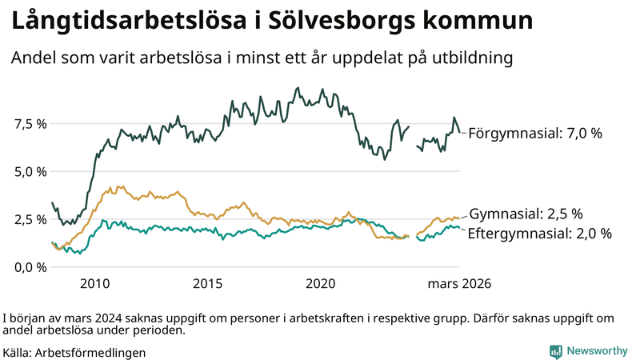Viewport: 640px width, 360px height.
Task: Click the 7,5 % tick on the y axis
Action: tap(29, 124)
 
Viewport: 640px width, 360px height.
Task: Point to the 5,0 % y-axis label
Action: tap(29, 171)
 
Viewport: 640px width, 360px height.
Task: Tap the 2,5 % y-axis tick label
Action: tap(29, 219)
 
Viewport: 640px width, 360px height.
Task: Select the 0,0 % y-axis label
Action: tap(29, 266)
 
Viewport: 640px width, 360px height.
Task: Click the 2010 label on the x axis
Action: tap(94, 283)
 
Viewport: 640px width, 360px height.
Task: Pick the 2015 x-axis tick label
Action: tap(207, 283)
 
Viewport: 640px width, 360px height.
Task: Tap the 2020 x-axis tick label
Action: tap(320, 283)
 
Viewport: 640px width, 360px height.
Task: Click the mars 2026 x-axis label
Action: tap(459, 283)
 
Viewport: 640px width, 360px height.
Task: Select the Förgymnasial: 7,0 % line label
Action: tap(534, 134)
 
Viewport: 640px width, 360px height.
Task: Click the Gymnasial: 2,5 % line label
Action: tap(525, 214)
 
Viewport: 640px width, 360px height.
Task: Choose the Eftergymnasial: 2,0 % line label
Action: tap(539, 234)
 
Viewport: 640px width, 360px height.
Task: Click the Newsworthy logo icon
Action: tap(555, 350)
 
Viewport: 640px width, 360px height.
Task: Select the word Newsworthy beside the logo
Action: tap(596, 350)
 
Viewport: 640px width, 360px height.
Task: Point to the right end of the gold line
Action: tap(459, 217)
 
